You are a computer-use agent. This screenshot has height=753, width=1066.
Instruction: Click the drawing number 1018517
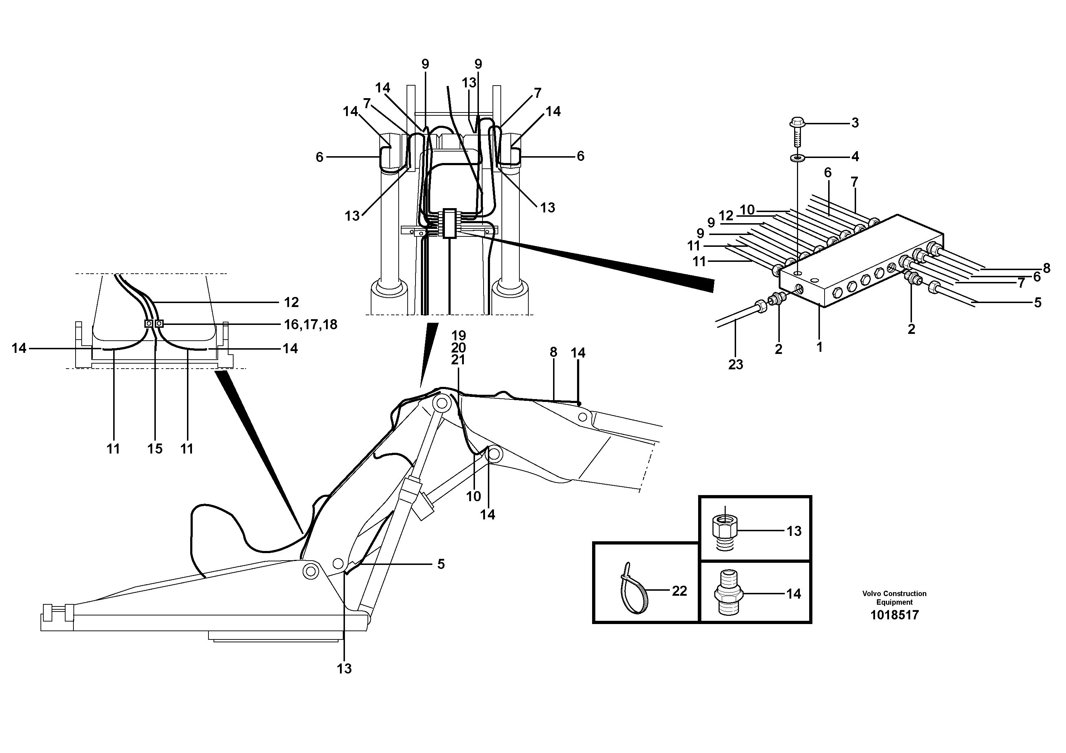click(894, 615)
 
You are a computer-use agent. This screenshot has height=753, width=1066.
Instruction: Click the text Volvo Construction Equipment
click(894, 598)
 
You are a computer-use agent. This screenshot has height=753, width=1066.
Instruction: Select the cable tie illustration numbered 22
click(634, 589)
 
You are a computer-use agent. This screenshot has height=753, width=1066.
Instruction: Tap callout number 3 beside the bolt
click(854, 123)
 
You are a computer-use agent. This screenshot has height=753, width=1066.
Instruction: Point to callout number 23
click(735, 365)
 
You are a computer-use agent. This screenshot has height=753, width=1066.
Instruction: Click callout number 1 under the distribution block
click(820, 347)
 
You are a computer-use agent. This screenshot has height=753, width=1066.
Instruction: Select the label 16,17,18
click(310, 325)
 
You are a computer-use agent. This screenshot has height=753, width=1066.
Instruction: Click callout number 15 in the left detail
click(155, 449)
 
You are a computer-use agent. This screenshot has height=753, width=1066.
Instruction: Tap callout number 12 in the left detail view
click(291, 303)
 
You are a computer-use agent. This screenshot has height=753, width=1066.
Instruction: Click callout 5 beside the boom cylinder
click(441, 564)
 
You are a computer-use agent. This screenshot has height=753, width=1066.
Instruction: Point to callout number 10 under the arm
click(473, 496)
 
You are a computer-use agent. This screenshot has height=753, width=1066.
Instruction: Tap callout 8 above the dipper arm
click(553, 352)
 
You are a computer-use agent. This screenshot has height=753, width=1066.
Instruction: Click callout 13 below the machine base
click(344, 668)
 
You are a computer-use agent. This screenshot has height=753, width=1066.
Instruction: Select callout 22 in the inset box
click(679, 591)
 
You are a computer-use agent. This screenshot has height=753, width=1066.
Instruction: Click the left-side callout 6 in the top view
click(320, 157)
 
